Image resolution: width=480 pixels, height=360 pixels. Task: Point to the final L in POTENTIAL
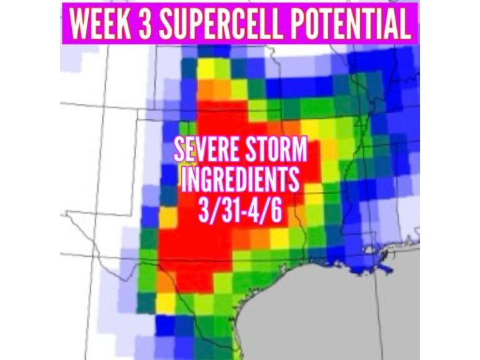tap(406, 22)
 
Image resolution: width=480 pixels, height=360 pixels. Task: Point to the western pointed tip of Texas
tap(69, 216)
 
